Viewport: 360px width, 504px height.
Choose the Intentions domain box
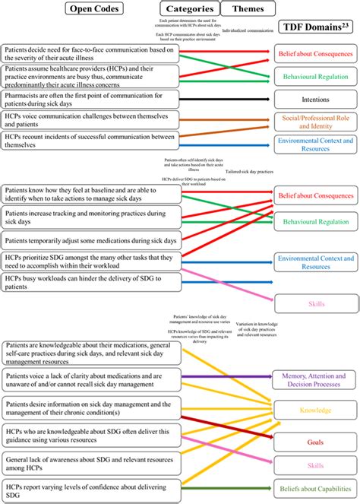pos(315,99)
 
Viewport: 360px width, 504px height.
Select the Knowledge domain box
pos(315,410)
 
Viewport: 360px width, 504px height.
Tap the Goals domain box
pos(315,441)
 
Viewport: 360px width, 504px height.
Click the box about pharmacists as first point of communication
pos(90,99)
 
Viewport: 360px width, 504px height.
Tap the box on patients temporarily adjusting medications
pos(90,240)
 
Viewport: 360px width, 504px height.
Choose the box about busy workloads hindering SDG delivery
pos(90,283)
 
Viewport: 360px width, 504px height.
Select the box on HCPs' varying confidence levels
pos(90,493)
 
